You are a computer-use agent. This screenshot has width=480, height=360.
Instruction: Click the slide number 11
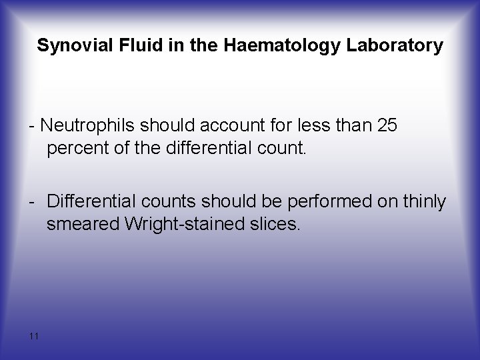pyautogui.click(x=34, y=335)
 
